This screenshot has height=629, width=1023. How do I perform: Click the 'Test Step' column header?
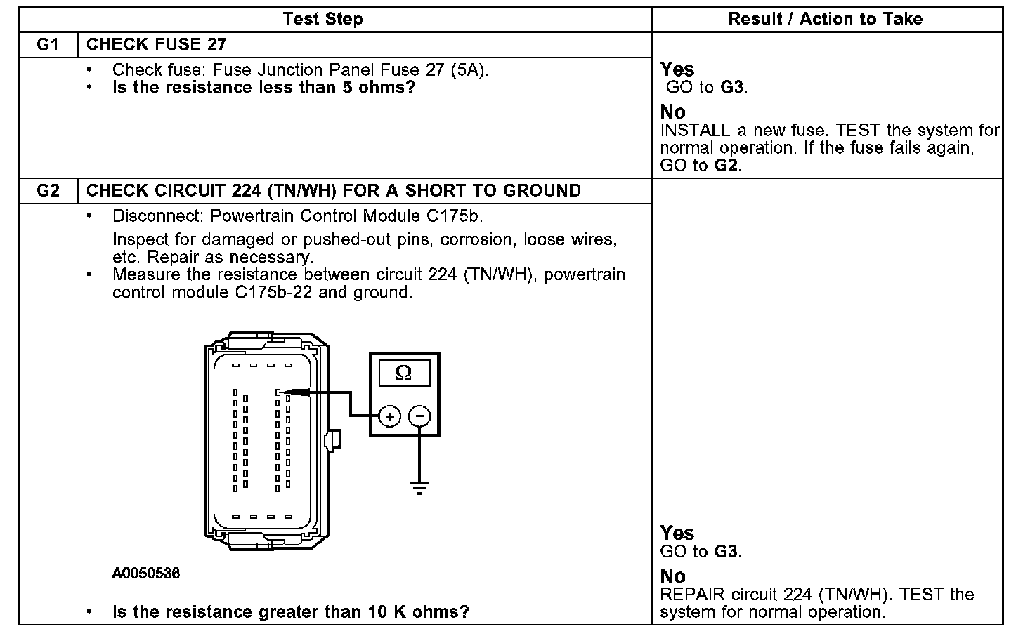click(322, 19)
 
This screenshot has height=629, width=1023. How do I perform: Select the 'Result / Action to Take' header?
click(825, 19)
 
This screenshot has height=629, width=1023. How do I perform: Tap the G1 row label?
click(48, 45)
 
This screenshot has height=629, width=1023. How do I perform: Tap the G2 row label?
click(48, 191)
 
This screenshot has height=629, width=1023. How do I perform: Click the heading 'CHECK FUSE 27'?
click(156, 45)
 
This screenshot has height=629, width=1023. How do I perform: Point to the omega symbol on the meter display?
click(403, 373)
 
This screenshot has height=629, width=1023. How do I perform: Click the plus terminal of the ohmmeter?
click(389, 416)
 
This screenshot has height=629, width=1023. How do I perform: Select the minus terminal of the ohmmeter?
click(419, 416)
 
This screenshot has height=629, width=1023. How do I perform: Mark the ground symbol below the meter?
click(419, 487)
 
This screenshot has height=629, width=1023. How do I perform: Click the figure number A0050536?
click(145, 574)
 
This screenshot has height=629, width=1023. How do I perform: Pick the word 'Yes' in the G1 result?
click(677, 69)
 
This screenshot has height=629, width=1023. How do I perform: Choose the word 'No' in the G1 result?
click(672, 112)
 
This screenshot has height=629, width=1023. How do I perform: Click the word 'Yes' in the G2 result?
click(677, 533)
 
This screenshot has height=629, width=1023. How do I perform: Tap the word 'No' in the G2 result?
click(672, 576)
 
